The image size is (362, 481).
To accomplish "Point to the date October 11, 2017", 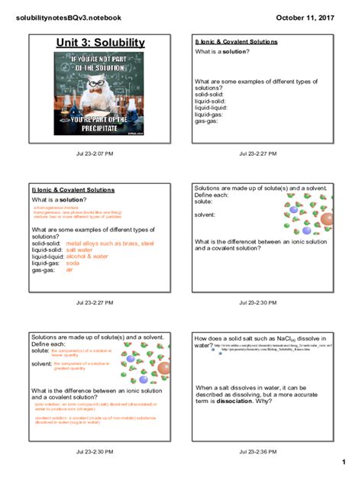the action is (304, 17).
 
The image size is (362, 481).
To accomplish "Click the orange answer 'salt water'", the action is (79, 250).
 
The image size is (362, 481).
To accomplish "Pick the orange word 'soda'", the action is (73, 263).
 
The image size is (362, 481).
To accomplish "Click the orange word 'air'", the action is (69, 270).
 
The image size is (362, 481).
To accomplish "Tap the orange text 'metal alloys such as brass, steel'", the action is (105, 243).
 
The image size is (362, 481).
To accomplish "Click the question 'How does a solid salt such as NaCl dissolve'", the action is (260, 338).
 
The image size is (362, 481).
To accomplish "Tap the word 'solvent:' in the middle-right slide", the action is (205, 215).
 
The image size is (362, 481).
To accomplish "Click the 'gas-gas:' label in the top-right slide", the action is (206, 121).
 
